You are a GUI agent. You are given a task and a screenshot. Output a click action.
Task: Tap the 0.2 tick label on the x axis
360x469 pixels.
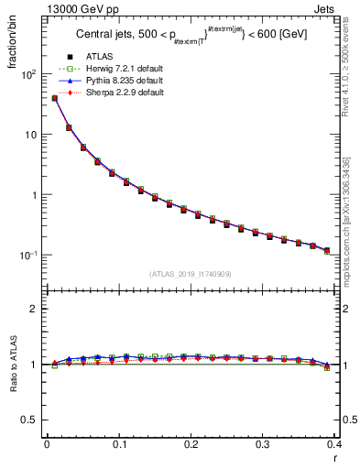(191, 444)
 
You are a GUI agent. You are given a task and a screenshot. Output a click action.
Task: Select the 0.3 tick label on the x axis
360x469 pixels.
(263, 444)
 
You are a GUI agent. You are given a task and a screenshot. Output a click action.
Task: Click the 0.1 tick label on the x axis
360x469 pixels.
(118, 444)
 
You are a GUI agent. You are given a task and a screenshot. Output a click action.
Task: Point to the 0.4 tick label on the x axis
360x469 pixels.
(335, 444)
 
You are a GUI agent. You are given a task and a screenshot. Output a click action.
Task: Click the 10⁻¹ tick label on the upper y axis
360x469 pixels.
(29, 256)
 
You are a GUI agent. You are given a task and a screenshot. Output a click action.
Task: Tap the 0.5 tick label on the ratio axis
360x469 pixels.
(29, 420)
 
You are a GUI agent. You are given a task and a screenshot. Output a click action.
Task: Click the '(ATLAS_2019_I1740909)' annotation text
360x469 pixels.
(191, 274)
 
